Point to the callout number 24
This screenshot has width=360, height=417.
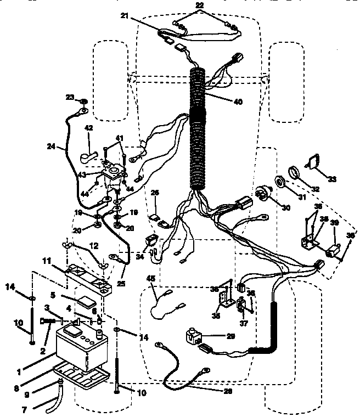(52, 146)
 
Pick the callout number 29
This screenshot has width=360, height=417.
(230, 335)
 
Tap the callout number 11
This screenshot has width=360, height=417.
(47, 262)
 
